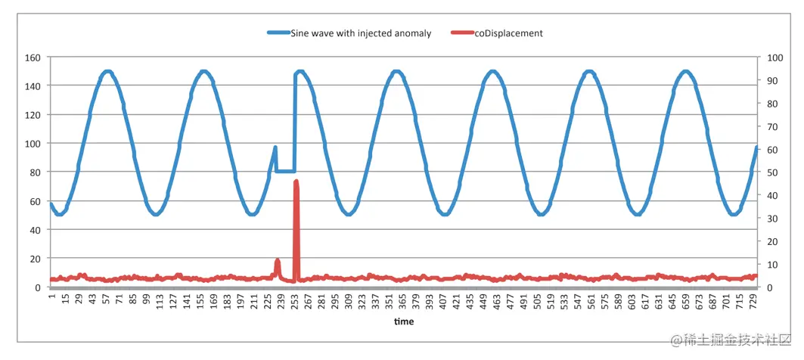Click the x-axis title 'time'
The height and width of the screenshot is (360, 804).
coord(403,321)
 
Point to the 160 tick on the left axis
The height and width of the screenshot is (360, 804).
coord(33,57)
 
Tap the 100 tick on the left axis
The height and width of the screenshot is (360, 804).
coord(33,144)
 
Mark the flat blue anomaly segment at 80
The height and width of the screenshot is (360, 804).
coord(285,171)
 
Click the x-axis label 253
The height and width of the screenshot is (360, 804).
coord(296,301)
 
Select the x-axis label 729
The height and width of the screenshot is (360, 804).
coord(753,301)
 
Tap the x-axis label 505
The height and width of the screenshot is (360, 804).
coord(537,301)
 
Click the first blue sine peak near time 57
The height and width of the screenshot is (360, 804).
coord(107,72)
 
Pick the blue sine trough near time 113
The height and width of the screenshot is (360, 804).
coord(156,214)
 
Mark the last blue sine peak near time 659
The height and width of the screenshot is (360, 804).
coord(685,72)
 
